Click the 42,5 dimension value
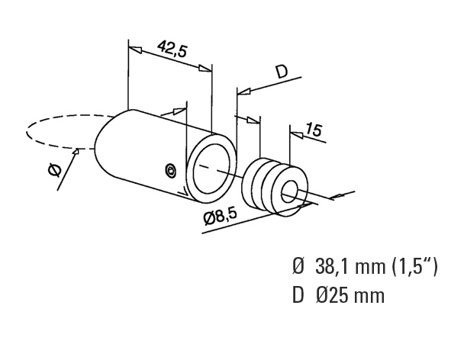(172, 49)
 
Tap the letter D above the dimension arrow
(281, 72)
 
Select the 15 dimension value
(313, 130)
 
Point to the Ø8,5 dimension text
(220, 217)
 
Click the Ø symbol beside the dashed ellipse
(55, 170)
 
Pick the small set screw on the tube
(171, 170)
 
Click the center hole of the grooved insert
(290, 191)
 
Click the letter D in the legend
(298, 296)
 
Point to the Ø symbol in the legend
(298, 266)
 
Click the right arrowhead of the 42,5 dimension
(205, 69)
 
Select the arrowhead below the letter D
(244, 91)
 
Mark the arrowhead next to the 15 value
(297, 134)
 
